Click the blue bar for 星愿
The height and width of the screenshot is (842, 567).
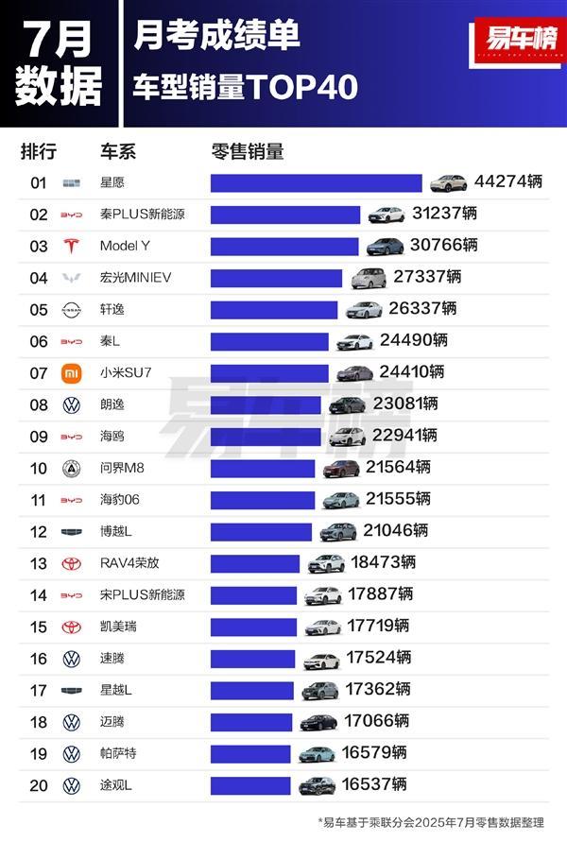(316, 182)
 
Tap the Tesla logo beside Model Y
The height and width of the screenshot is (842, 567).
(71, 246)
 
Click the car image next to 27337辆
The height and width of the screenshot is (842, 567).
(369, 278)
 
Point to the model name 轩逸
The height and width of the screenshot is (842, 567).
(112, 309)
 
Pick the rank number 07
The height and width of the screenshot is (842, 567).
(38, 372)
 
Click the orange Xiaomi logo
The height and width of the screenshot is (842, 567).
(71, 372)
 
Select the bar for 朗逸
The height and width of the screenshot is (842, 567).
(266, 404)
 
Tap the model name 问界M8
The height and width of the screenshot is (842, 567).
(123, 468)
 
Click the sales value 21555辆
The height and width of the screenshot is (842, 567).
(398, 499)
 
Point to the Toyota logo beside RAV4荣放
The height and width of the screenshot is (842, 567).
(71, 563)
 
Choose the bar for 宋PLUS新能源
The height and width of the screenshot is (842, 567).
(253, 594)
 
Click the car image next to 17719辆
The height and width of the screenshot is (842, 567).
(322, 627)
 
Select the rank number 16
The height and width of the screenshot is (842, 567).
(38, 659)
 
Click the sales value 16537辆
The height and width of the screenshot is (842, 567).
(373, 784)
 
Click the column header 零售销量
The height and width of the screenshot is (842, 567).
(247, 151)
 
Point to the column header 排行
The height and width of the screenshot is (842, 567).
(38, 151)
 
